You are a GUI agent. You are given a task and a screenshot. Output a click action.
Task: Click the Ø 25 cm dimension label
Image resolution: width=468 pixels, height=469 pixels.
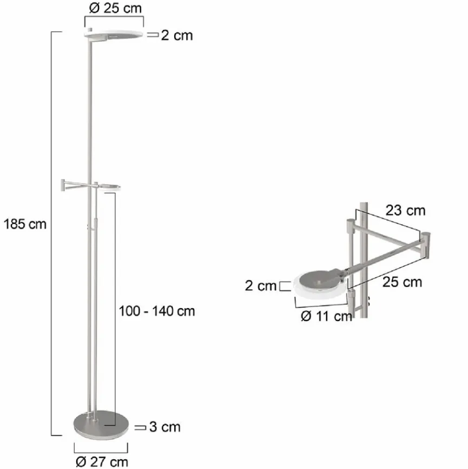(x=113, y=9)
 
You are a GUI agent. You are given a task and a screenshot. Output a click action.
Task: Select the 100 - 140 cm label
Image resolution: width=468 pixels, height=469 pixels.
(x=156, y=311)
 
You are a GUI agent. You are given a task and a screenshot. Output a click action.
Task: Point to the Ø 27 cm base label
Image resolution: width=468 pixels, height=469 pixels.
(x=102, y=461)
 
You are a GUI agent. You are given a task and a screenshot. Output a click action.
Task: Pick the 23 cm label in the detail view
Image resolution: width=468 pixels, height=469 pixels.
(x=405, y=210)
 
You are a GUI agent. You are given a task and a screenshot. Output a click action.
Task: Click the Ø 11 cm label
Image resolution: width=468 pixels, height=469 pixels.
(x=326, y=317)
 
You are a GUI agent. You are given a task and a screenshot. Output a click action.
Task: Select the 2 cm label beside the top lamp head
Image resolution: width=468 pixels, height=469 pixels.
(x=176, y=36)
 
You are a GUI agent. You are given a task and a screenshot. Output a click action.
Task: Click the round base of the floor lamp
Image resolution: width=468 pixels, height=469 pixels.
(x=100, y=425)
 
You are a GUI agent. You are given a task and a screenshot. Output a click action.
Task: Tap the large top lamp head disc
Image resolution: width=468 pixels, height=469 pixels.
(x=114, y=35)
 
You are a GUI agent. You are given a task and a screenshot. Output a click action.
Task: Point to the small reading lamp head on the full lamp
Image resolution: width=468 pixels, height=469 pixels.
(x=110, y=187)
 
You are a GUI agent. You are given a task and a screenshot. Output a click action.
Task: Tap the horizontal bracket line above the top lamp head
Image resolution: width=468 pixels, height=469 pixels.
(x=114, y=17)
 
